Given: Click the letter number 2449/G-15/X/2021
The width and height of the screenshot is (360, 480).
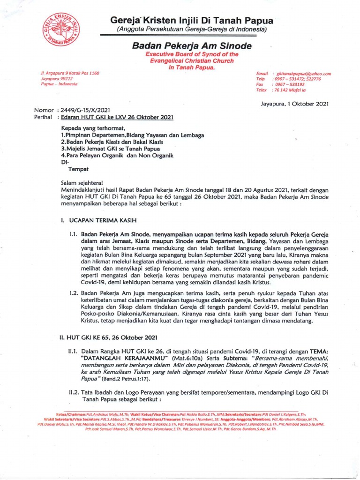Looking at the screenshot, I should (82, 110).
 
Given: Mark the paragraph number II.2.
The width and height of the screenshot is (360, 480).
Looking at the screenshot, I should (74, 393).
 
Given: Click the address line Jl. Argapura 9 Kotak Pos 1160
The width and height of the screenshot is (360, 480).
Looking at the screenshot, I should (70, 74).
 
